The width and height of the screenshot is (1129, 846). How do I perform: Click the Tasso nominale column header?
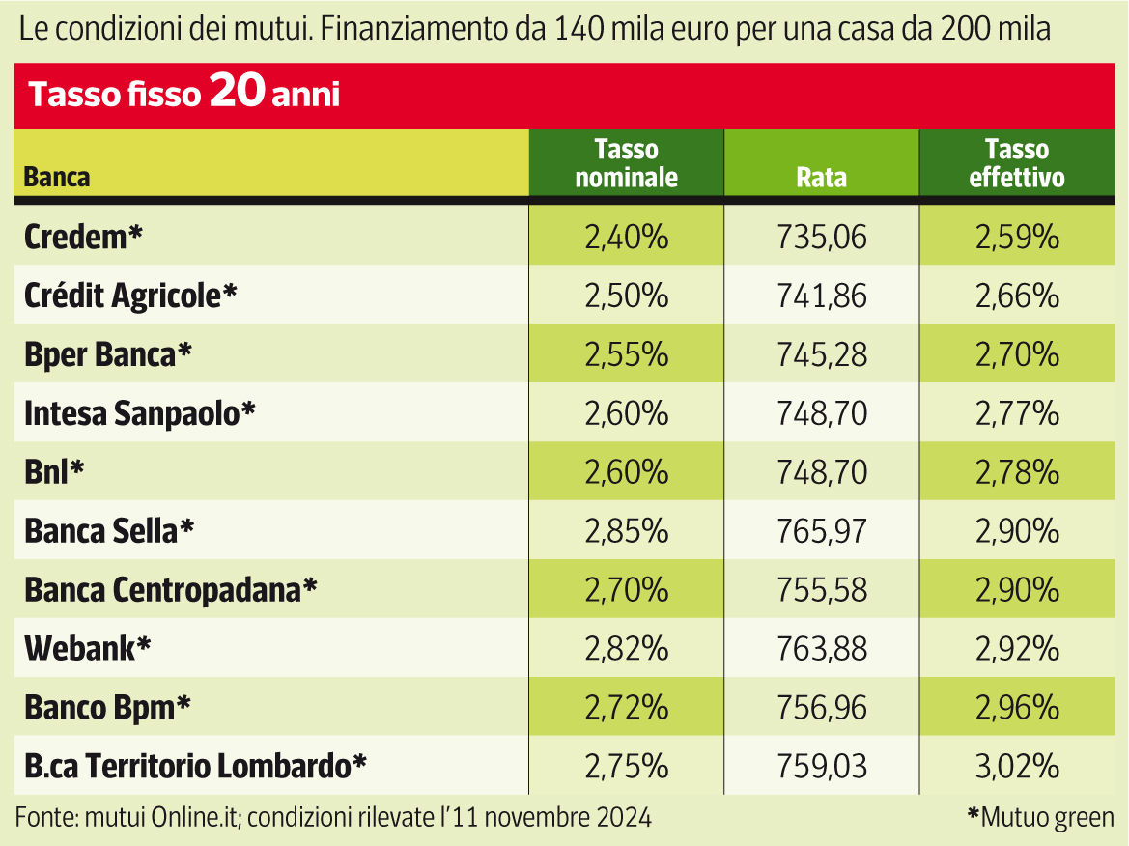(626, 163)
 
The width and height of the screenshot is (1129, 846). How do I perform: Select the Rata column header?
(821, 178)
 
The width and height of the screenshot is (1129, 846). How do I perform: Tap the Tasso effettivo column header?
(1017, 163)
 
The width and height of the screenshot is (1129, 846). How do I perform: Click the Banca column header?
(57, 178)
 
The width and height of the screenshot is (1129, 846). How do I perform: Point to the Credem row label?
(84, 237)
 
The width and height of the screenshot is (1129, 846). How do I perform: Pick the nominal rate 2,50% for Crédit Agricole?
(626, 296)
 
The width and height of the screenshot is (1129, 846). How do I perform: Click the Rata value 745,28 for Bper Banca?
(821, 354)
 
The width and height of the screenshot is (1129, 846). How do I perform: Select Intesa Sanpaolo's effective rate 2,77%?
(1017, 413)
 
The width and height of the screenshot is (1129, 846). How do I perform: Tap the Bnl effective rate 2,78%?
(1017, 472)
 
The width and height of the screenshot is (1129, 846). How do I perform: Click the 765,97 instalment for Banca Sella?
(821, 530)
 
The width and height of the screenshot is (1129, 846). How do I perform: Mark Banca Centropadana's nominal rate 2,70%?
(626, 589)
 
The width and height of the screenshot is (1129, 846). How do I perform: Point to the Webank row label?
(88, 648)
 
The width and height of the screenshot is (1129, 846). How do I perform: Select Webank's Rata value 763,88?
(821, 648)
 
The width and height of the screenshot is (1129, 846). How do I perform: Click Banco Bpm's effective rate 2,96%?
(1017, 707)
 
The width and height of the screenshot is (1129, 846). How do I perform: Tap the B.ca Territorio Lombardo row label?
(196, 766)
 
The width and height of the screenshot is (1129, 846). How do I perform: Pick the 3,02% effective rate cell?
(1017, 766)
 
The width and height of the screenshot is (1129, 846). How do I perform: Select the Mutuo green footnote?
(1040, 817)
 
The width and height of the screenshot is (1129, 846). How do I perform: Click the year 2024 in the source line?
(623, 817)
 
